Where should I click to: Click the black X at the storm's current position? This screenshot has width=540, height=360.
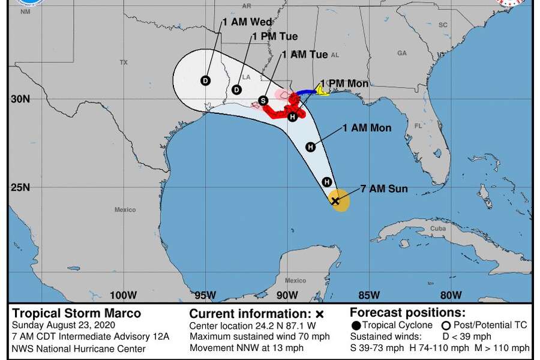tap(335, 201)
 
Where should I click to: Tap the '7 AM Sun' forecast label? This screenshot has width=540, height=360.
tap(384, 189)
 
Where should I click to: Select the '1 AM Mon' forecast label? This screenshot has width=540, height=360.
tap(367, 128)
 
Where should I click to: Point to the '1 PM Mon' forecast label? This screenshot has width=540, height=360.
tap(344, 83)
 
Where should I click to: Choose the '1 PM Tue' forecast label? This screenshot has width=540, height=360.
tap(275, 37)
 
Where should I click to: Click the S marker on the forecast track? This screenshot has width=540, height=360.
tap(263, 100)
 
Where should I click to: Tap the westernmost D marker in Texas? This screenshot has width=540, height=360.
tap(205, 81)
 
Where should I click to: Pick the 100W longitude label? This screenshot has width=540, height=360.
tap(124, 295)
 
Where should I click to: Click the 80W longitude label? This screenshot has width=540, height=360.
tap(451, 295)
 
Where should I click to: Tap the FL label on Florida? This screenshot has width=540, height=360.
tap(418, 127)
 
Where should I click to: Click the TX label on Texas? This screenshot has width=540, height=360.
tap(124, 62)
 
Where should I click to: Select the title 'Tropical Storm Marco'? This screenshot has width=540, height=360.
tap(77, 313)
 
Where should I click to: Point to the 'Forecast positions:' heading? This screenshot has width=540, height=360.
tap(407, 312)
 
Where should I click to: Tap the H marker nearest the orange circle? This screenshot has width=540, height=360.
tap(327, 182)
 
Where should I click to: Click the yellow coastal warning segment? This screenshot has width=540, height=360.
tap(322, 91)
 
